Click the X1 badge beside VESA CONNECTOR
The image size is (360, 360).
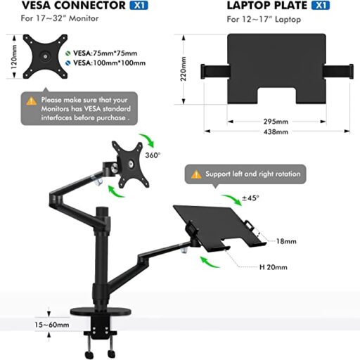[139, 6]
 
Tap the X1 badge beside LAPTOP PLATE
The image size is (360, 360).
[321, 6]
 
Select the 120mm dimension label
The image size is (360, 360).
[14, 57]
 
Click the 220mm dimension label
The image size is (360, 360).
[183, 69]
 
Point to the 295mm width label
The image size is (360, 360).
[276, 122]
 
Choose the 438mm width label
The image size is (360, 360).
[276, 131]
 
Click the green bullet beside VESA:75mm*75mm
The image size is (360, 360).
[68, 53]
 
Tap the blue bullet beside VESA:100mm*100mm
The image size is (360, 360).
[68, 63]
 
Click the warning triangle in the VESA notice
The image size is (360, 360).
[32, 101]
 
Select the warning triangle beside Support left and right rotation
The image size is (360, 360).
[196, 174]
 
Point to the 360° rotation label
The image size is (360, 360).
[153, 155]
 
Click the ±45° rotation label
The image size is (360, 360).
[250, 198]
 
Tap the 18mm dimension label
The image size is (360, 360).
[286, 241]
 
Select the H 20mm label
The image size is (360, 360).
[274, 267]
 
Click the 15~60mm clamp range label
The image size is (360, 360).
[52, 325]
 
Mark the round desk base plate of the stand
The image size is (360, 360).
[101, 311]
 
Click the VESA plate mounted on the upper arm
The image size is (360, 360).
[130, 165]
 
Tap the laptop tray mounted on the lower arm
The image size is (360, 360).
[219, 226]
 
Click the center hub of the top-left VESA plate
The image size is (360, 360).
[45, 56]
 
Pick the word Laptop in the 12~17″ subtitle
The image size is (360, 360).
[288, 19]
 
